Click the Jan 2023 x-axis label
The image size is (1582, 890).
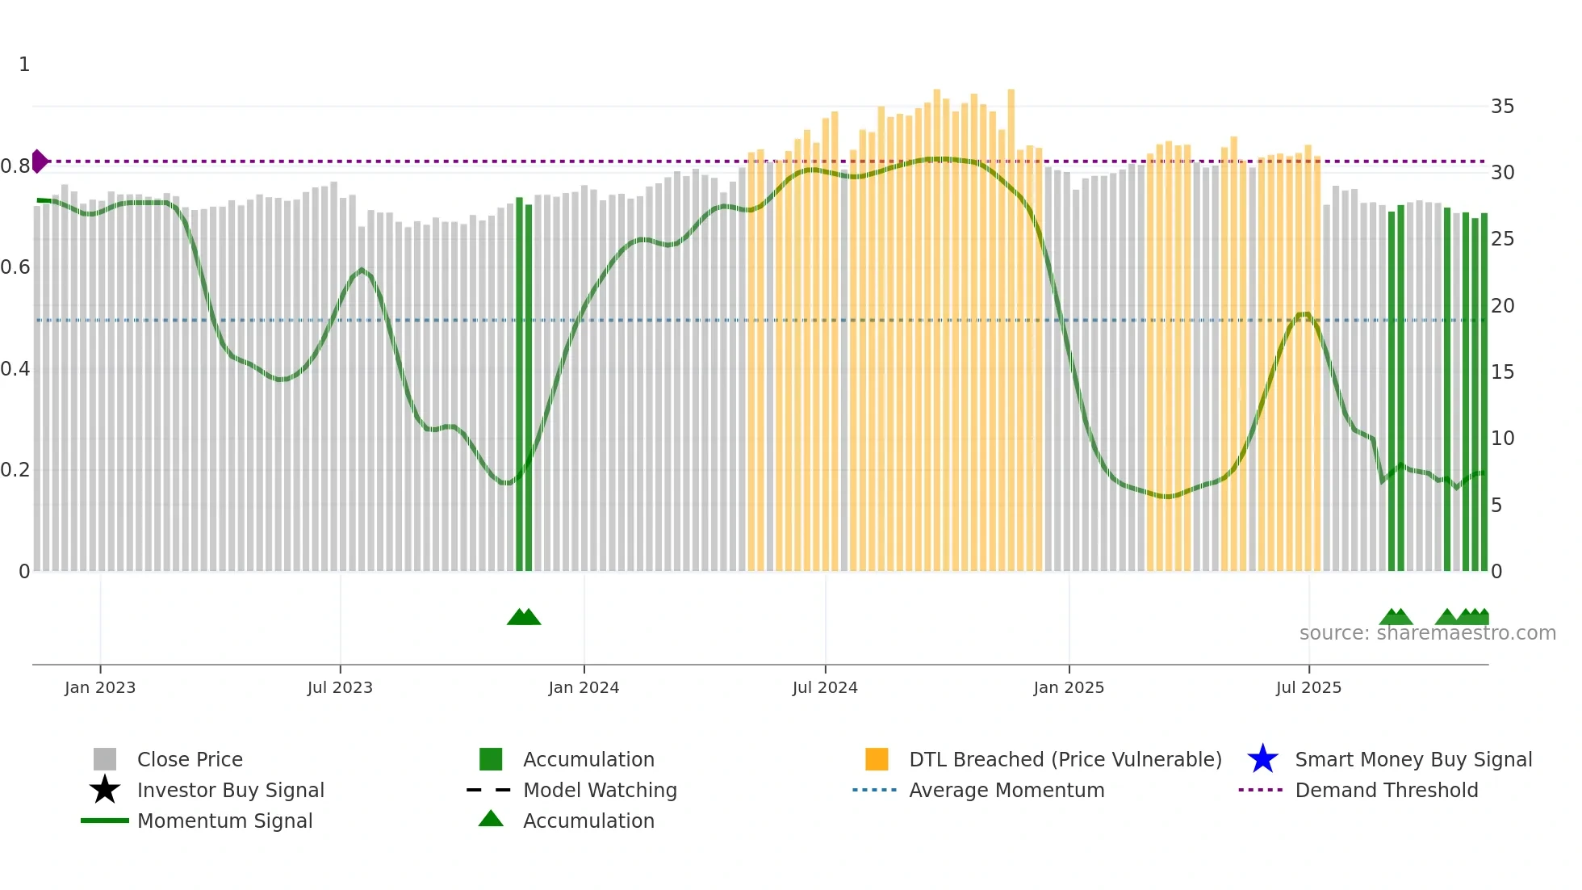[x=100, y=687]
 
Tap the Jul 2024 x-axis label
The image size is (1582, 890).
[x=825, y=687]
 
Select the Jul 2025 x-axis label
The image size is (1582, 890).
[x=1308, y=687]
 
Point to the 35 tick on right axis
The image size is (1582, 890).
[x=1502, y=107]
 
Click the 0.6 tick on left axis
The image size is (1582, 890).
[x=16, y=267]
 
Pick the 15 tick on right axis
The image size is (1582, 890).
[x=1502, y=372]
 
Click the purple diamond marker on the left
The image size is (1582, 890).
[x=40, y=162]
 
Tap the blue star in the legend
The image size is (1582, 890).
[x=1262, y=759]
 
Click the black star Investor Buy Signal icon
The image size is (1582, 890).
[x=105, y=790]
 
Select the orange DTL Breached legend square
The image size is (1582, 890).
[x=877, y=759]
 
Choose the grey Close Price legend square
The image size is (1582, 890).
[x=105, y=759]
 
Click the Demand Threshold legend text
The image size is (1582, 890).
[x=1386, y=790]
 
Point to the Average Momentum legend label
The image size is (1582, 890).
[x=1007, y=790]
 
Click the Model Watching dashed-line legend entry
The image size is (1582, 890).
[x=489, y=790]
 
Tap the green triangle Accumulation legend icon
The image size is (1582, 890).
[x=491, y=819]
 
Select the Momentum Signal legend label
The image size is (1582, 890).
[x=224, y=821]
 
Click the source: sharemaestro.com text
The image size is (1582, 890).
[x=1427, y=633]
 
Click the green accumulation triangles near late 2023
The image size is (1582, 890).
[x=524, y=617]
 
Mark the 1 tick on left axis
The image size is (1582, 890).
[x=24, y=65]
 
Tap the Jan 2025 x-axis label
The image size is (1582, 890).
[x=1069, y=687]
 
